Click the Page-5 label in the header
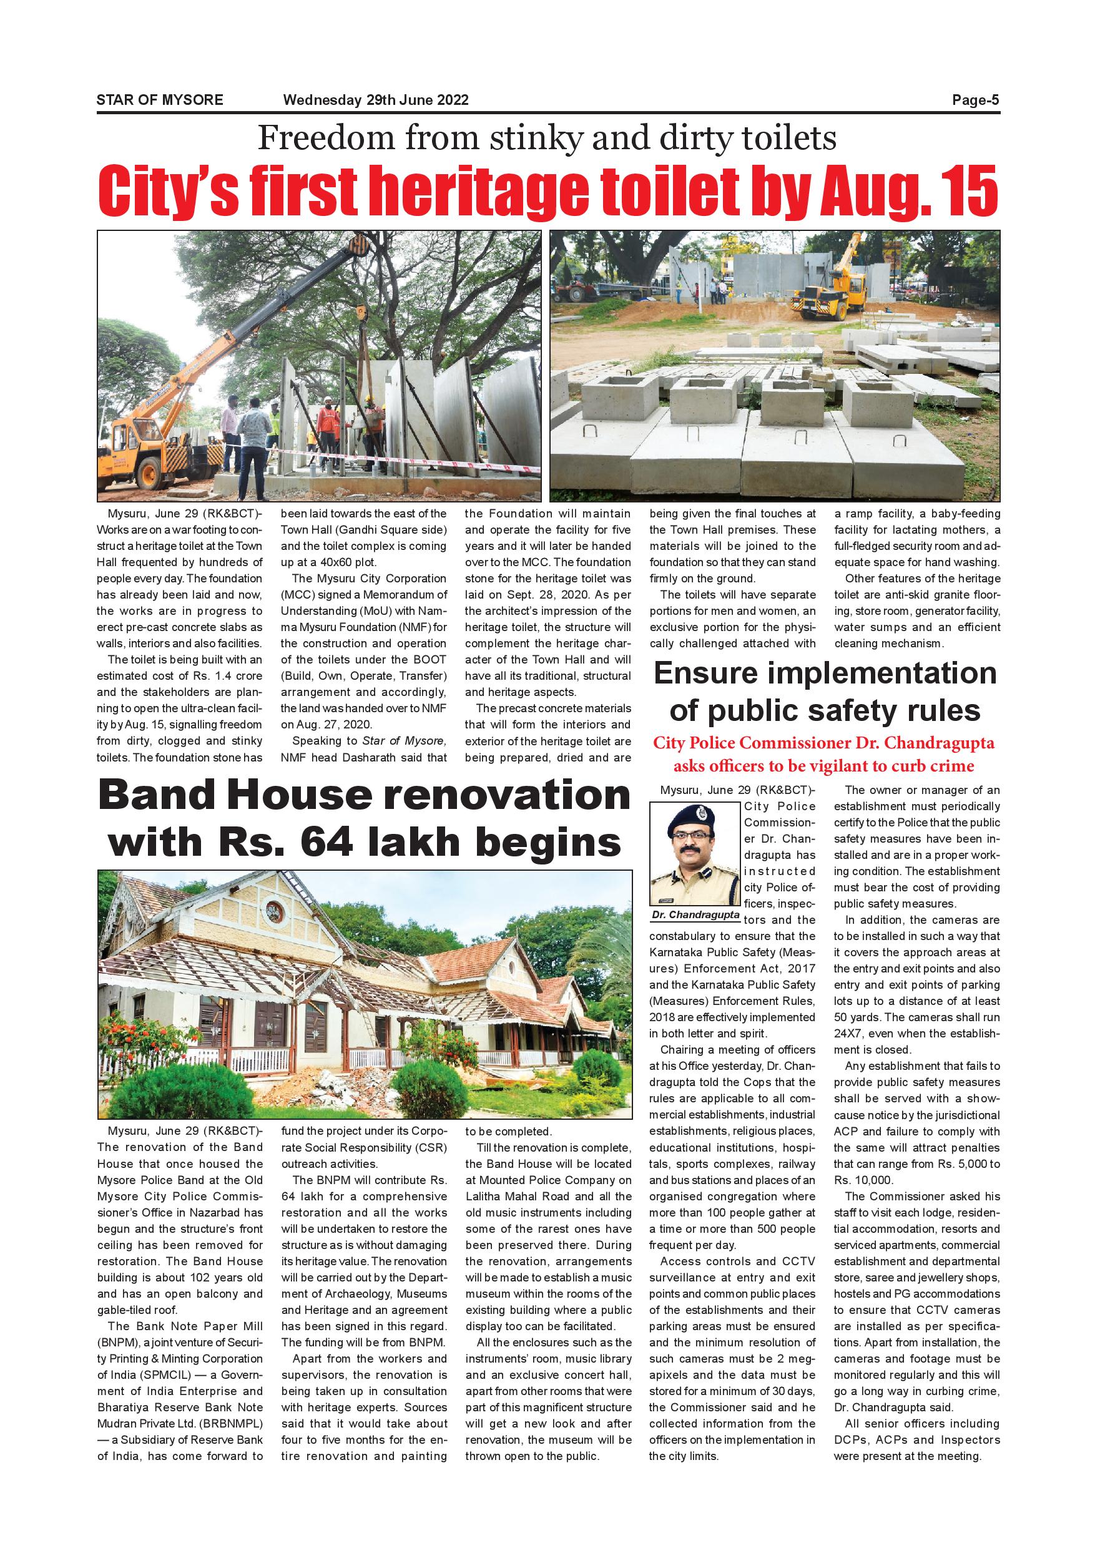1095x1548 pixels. point(975,100)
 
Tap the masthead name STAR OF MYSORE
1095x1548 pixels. point(160,100)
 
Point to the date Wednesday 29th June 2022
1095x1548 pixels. point(376,100)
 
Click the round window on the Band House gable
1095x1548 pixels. point(275,914)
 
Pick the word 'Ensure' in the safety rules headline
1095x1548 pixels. point(710,674)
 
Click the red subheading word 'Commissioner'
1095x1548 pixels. point(817,743)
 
